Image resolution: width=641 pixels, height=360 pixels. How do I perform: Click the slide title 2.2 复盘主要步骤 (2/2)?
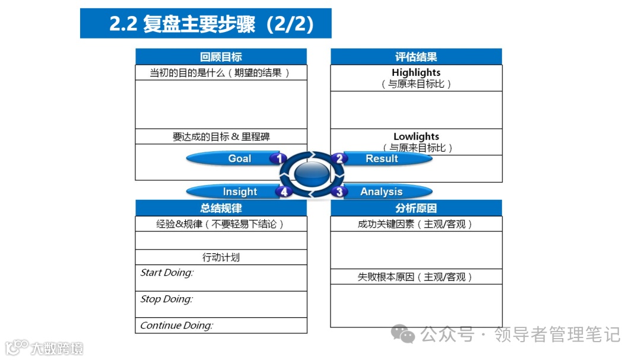tap(205, 24)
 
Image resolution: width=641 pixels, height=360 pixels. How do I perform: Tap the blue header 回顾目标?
tap(221, 57)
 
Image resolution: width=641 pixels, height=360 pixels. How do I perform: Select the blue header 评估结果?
tap(416, 57)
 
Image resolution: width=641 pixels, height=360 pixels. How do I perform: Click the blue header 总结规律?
tap(221, 208)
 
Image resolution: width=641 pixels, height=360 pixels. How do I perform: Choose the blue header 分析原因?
tap(416, 208)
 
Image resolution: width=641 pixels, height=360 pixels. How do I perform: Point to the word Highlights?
tap(416, 73)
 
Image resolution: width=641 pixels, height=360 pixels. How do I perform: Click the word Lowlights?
tap(416, 137)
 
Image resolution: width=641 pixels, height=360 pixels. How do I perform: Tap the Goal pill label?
tap(240, 158)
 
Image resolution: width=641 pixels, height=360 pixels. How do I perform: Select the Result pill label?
tap(382, 158)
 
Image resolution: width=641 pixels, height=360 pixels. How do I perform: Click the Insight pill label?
tap(240, 192)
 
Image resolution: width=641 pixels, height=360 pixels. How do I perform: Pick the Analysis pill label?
tap(382, 192)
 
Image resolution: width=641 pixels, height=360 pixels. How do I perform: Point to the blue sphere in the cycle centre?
tap(312, 174)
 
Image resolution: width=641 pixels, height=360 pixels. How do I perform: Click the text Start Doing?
tap(167, 273)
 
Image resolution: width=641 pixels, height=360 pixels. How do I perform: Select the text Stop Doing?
tap(166, 299)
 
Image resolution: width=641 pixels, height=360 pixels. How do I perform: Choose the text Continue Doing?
tap(176, 325)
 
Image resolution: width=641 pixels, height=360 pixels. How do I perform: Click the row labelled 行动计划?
tap(221, 257)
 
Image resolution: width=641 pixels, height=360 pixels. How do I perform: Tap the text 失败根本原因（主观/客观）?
tap(415, 277)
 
